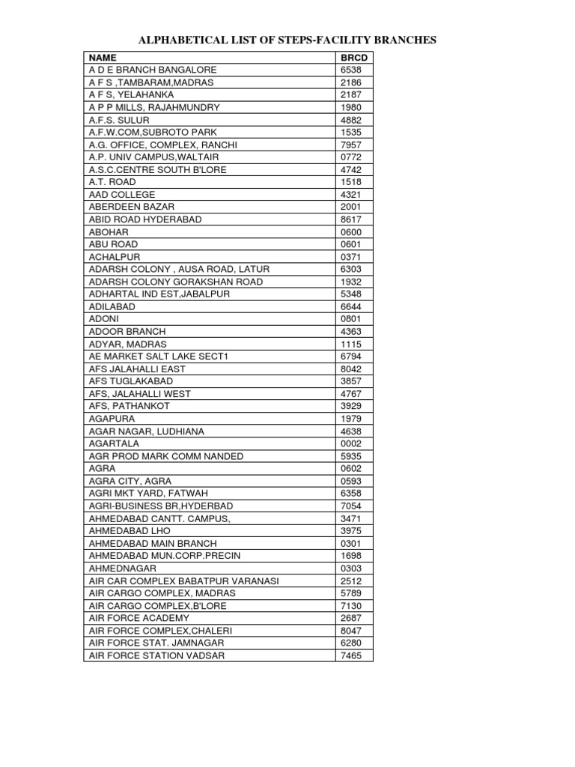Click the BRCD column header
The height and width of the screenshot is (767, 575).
pos(353,58)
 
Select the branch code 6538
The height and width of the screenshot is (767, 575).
pos(351,70)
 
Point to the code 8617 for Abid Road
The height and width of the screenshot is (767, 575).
pos(351,219)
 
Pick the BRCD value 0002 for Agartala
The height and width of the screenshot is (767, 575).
pos(351,443)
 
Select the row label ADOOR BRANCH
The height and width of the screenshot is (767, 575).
pos(127,331)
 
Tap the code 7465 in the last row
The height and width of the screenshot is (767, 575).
pos(351,655)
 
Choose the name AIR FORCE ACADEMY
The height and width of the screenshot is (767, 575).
pos(139,618)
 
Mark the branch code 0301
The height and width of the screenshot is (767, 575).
pos(351,543)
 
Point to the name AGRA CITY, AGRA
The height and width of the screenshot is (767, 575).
pos(130,481)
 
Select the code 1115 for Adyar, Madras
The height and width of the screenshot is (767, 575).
pos(351,344)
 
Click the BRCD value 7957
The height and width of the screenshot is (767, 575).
pos(351,145)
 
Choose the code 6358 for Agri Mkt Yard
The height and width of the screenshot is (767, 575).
pos(351,494)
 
